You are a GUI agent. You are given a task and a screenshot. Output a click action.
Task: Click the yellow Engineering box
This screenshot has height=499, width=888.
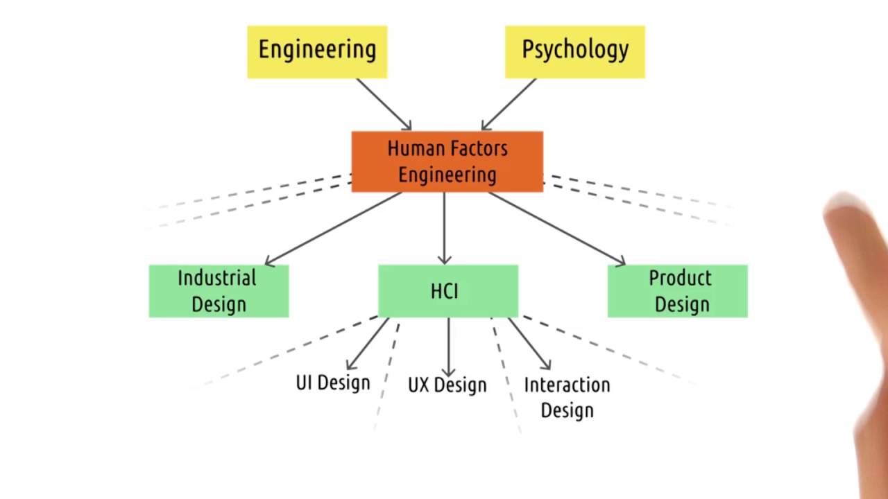pyautogui.click(x=317, y=52)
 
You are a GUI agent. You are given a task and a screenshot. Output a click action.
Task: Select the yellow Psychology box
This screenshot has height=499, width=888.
pyautogui.click(x=574, y=52)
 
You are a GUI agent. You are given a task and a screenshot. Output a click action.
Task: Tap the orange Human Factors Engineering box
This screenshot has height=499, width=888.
pyautogui.click(x=447, y=161)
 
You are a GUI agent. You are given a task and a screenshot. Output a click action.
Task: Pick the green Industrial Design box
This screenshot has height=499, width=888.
pyautogui.click(x=219, y=291)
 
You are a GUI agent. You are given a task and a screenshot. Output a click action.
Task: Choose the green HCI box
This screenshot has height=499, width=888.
pyautogui.click(x=447, y=291)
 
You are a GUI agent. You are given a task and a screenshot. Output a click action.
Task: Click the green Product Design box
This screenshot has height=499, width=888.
pyautogui.click(x=678, y=291)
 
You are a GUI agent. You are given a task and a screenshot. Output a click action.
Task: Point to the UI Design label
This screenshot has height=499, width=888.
pyautogui.click(x=333, y=383)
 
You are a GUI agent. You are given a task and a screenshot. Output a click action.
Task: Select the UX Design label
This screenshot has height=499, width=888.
pyautogui.click(x=447, y=385)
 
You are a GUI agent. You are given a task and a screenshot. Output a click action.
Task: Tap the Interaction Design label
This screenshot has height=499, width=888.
pyautogui.click(x=567, y=396)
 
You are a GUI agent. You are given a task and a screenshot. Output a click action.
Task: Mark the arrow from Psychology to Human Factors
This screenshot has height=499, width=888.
pyautogui.click(x=509, y=104)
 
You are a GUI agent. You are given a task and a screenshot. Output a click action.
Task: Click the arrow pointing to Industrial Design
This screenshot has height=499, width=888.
pyautogui.click(x=333, y=229)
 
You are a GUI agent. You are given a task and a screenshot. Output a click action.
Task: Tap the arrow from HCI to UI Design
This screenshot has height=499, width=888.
pyautogui.click(x=368, y=344)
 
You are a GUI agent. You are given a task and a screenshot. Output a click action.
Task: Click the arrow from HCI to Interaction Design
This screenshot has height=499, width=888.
pyautogui.click(x=529, y=344)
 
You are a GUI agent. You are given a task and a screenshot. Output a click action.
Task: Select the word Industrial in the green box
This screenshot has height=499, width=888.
pyautogui.click(x=217, y=278)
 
